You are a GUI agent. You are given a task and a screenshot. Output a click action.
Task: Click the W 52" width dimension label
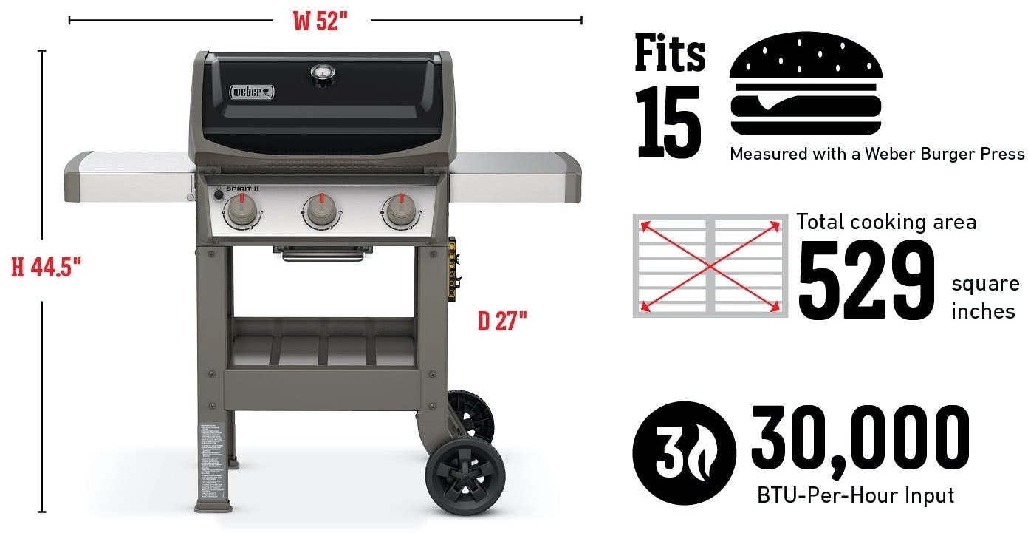click(320, 21)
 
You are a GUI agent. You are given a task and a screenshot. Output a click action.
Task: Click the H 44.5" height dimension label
click(46, 267)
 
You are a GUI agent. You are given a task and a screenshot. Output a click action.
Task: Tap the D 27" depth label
click(502, 322)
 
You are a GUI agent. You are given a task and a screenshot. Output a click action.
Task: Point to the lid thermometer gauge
click(322, 73)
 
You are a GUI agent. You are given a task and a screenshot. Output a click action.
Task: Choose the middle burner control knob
click(321, 212)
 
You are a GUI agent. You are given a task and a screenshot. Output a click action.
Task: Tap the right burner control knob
click(400, 212)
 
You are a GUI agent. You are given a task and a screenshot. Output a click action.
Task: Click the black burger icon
click(806, 84)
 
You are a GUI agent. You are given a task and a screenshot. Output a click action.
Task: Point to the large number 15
click(668, 122)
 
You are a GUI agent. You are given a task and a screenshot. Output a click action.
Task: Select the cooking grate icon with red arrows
click(710, 266)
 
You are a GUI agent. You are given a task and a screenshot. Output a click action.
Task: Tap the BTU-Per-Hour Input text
click(855, 495)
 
